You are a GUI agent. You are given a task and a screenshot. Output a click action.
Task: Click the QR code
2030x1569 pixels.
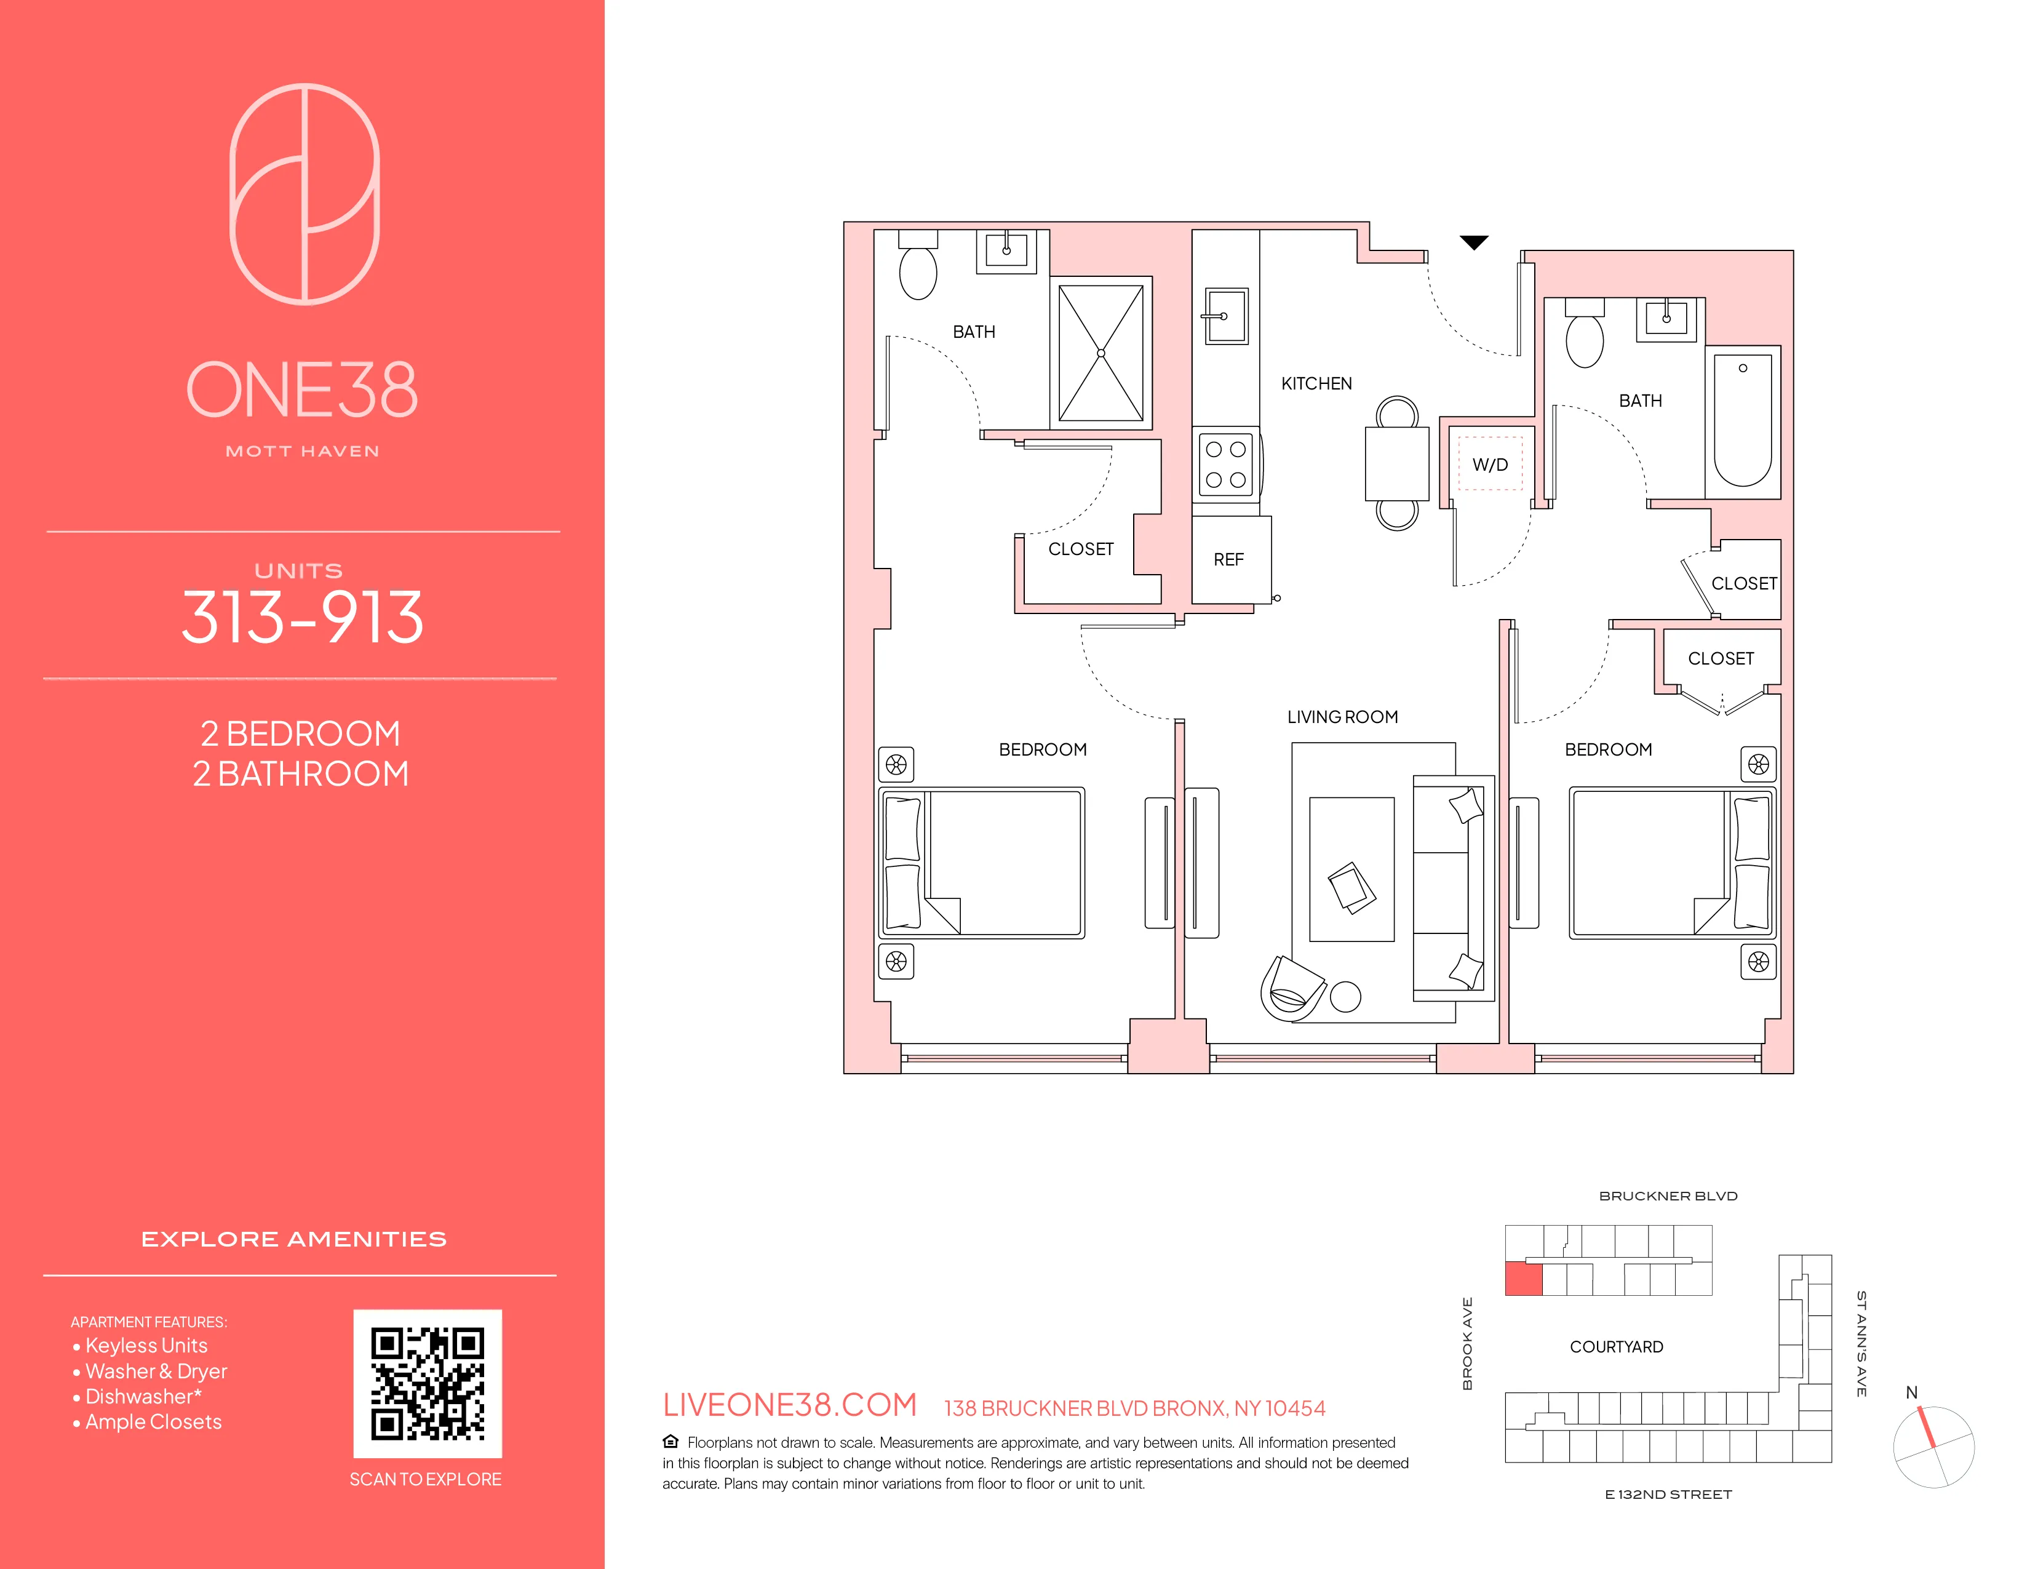pyautogui.click(x=428, y=1383)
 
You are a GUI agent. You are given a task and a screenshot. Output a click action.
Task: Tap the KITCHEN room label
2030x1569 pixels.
pyautogui.click(x=1316, y=383)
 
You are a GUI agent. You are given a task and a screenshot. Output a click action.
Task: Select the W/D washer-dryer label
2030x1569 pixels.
pyautogui.click(x=1490, y=465)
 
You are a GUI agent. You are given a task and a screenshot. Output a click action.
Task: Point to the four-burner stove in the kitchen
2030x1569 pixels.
pyautogui.click(x=1226, y=465)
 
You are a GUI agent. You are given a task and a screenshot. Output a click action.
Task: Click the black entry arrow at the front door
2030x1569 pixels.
pyautogui.click(x=1473, y=242)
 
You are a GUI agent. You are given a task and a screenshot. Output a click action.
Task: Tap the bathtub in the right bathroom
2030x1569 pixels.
pyautogui.click(x=1742, y=420)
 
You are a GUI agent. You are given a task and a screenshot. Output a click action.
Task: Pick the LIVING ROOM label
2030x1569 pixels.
pyautogui.click(x=1342, y=717)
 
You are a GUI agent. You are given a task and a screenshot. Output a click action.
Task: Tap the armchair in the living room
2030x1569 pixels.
pyautogui.click(x=1291, y=989)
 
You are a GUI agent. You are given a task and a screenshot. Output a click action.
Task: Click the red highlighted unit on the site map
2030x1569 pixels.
pyautogui.click(x=1524, y=1279)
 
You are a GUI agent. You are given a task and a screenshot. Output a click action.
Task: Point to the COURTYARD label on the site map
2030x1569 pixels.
pyautogui.click(x=1617, y=1347)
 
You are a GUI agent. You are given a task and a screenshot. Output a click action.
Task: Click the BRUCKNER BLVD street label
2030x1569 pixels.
pyautogui.click(x=1668, y=1196)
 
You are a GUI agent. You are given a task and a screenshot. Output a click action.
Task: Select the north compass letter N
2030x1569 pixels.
pyautogui.click(x=1911, y=1392)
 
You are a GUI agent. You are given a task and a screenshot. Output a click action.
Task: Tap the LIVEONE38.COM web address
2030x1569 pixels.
pyautogui.click(x=789, y=1405)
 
